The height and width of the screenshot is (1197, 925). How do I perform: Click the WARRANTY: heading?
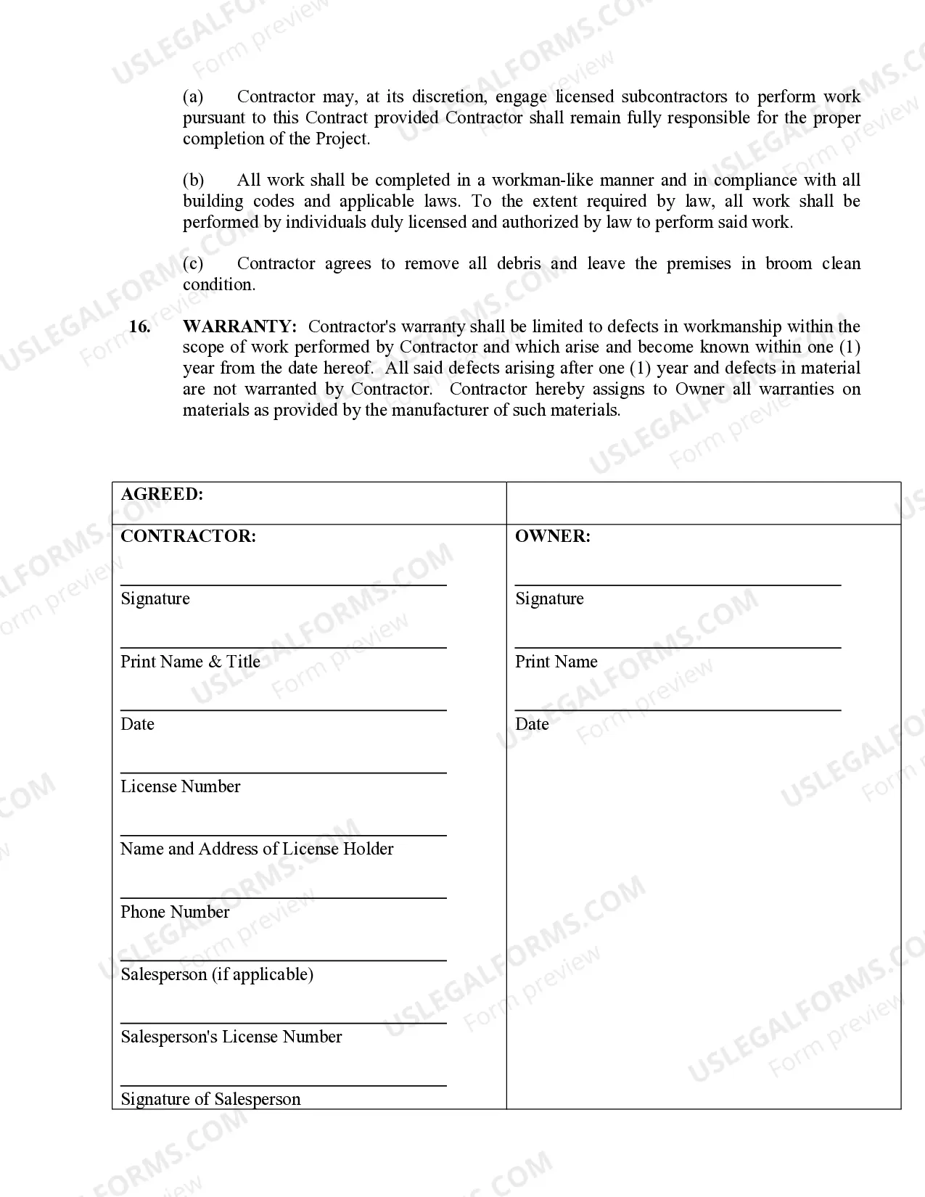239,326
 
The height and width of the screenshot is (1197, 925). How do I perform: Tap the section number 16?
139,326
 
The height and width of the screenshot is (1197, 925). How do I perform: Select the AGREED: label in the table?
162,494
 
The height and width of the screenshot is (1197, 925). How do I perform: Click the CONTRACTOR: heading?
188,536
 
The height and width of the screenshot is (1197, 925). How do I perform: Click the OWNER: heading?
552,536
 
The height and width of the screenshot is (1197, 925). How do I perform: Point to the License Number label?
180,786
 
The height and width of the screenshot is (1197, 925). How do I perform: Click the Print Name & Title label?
190,662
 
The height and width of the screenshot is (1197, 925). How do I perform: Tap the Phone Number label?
175,912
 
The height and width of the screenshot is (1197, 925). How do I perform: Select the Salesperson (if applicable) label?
217,974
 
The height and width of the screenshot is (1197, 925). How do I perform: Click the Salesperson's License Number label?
231,1037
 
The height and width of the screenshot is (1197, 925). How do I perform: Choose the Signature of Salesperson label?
210,1099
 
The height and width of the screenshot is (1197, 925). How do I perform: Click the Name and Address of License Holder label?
257,849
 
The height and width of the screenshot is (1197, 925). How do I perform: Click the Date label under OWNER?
532,724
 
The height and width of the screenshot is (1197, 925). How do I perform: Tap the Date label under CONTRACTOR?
137,724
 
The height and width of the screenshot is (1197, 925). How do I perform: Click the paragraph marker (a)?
193,96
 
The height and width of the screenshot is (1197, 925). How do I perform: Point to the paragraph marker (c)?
193,263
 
